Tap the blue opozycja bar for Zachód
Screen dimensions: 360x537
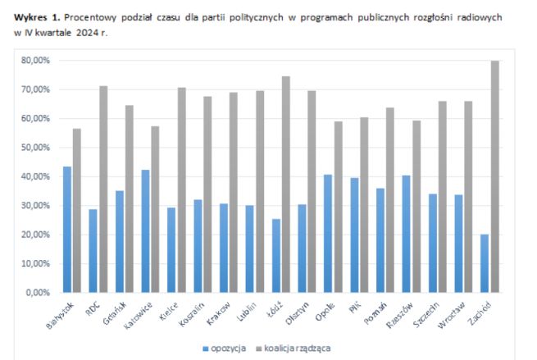(x=484, y=262)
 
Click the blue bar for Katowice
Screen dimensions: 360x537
(x=146, y=230)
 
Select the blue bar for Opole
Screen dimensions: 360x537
(x=326, y=233)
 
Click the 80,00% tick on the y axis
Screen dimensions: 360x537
(x=36, y=61)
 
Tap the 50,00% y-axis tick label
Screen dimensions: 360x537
(x=36, y=148)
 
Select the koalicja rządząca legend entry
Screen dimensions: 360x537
(x=295, y=348)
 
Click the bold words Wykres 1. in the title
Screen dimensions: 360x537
(x=39, y=16)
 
